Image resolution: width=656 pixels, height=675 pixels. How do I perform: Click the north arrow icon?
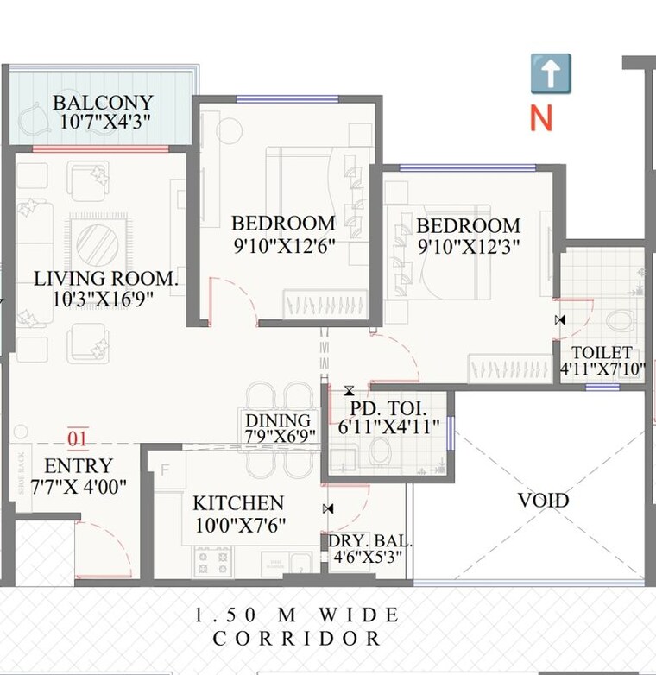click(550, 73)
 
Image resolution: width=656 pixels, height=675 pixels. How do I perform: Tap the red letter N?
click(541, 117)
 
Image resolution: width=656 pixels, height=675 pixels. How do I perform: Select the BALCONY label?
click(104, 103)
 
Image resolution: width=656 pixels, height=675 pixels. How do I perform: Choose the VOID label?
click(543, 500)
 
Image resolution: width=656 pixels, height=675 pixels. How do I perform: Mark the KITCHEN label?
click(238, 503)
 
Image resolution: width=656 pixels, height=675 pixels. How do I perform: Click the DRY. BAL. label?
click(370, 543)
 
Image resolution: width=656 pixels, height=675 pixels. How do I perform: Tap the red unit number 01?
click(78, 438)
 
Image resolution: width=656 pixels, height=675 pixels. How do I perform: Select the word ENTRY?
click(79, 465)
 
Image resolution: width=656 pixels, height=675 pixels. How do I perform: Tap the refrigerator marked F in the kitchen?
click(165, 470)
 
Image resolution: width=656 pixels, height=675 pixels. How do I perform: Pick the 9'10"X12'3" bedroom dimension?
click(468, 245)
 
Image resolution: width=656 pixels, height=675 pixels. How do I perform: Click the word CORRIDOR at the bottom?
click(298, 639)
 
